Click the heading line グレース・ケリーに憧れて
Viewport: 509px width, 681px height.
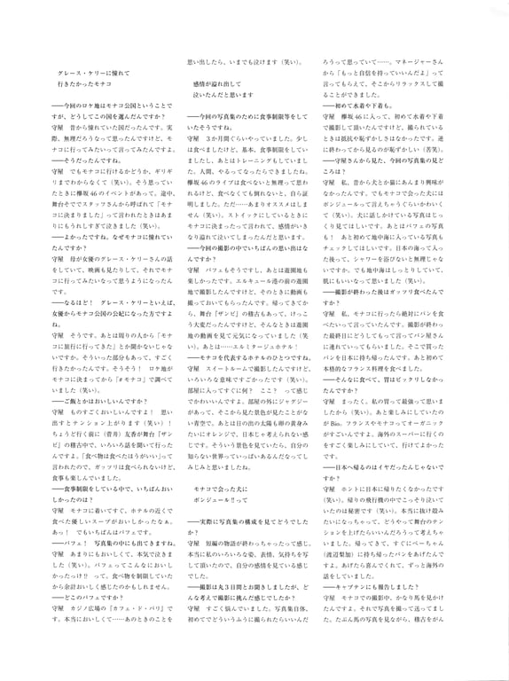(87, 71)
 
